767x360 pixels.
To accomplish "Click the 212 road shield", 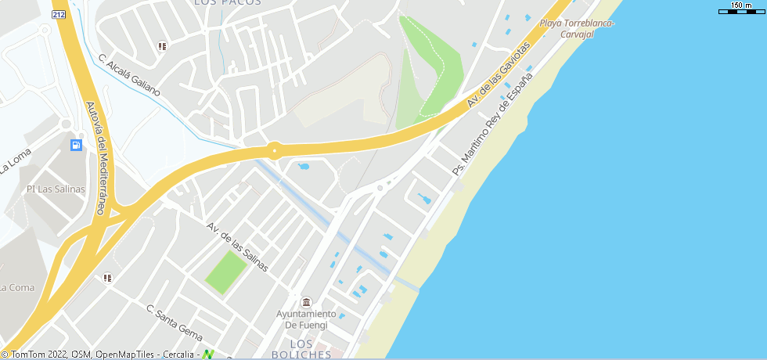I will click(x=58, y=15).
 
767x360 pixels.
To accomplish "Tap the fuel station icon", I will click(x=76, y=145).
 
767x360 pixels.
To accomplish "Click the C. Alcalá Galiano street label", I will click(x=129, y=75).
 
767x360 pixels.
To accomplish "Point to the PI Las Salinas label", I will click(x=56, y=189).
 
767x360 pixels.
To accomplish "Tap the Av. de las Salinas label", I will click(x=237, y=247).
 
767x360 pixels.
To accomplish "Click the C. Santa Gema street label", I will click(x=175, y=320).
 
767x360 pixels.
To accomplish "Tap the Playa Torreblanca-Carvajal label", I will click(x=577, y=28).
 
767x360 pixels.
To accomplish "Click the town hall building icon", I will click(x=305, y=302).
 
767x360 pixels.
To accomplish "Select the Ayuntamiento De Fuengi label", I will click(x=306, y=319).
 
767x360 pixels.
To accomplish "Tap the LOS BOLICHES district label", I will click(x=301, y=349).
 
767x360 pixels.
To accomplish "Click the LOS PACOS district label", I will click(x=227, y=4).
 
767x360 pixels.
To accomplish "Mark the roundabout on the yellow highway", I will click(x=275, y=149).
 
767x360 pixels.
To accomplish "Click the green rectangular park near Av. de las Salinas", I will click(x=226, y=272).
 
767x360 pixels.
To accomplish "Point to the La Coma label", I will click(x=17, y=287).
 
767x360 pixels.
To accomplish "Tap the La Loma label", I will click(x=16, y=160).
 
